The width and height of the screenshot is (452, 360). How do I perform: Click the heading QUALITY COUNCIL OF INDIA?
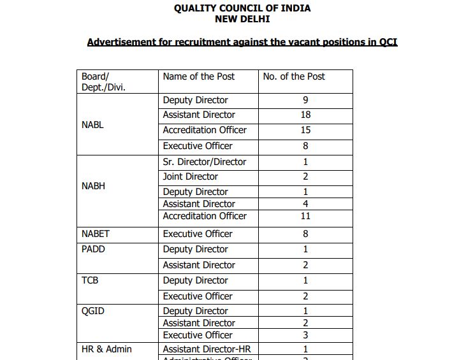[242, 8]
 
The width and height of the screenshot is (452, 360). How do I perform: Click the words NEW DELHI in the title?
[242, 19]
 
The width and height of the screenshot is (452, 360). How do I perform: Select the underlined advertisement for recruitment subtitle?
[242, 43]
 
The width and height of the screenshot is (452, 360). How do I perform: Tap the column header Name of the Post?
[198, 76]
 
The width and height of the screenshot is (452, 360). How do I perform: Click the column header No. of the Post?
[294, 76]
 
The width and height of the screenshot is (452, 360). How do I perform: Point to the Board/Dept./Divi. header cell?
[103, 82]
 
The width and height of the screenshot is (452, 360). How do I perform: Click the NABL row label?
[92, 125]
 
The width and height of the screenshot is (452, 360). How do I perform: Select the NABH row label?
[93, 186]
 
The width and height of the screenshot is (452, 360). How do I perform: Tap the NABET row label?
[96, 234]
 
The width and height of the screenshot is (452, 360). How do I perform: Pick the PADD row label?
[93, 249]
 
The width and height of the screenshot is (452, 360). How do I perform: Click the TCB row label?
[90, 280]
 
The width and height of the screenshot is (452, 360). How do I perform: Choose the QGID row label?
[92, 311]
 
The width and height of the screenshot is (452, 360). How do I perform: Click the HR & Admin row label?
[106, 349]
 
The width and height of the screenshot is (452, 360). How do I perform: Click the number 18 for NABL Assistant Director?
[305, 115]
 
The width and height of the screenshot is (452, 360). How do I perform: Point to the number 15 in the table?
[305, 130]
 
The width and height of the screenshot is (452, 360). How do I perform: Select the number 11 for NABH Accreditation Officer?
[305, 216]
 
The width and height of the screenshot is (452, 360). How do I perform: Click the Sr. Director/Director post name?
[204, 162]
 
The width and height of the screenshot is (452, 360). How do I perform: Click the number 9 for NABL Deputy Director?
[305, 100]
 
